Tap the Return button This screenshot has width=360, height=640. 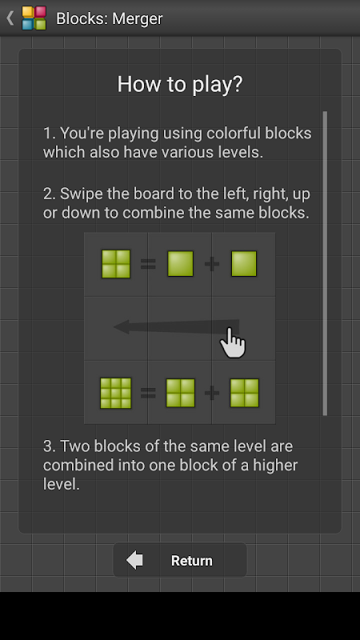(179, 560)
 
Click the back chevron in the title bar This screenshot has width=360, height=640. (10, 18)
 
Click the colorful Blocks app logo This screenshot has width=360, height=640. (34, 18)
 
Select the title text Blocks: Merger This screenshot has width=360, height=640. (110, 18)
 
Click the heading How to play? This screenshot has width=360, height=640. (180, 84)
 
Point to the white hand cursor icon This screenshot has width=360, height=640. (233, 344)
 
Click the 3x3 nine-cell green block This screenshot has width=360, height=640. (115, 393)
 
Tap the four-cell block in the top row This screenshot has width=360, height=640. (116, 264)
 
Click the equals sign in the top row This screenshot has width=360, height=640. (148, 264)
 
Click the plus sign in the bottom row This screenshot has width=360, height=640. (212, 393)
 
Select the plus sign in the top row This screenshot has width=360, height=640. (212, 264)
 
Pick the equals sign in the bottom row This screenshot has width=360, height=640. (148, 393)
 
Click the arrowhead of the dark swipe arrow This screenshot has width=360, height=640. (122, 326)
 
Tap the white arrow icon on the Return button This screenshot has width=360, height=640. (134, 560)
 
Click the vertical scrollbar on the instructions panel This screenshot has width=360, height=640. (325, 263)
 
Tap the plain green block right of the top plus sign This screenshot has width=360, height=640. (244, 264)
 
